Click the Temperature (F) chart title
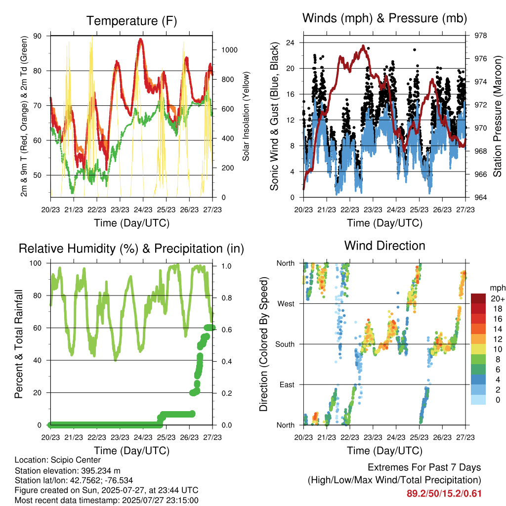point(131,21)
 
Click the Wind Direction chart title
point(384,246)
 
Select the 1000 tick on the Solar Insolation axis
point(229,50)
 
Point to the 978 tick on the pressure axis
point(480,36)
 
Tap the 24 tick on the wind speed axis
point(291,42)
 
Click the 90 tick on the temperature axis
point(38,36)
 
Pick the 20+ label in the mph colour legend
point(498,298)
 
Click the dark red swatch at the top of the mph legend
point(478,298)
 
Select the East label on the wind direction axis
point(287,384)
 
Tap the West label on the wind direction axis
point(286,304)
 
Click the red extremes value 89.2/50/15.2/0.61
point(444,494)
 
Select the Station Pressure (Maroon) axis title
point(497,116)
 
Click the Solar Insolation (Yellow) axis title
point(246,116)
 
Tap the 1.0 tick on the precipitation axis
point(226,266)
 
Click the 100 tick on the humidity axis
point(36,263)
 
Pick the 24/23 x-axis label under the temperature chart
point(143,210)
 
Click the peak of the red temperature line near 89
point(140,40)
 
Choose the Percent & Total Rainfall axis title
point(19,344)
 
